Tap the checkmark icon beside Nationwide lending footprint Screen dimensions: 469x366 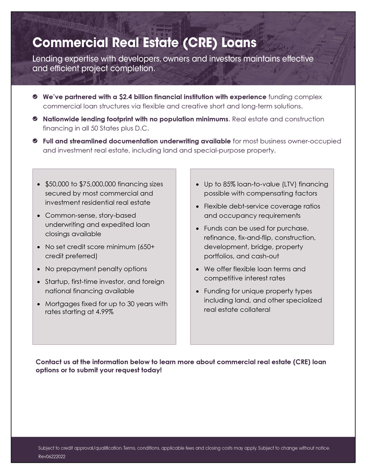35,119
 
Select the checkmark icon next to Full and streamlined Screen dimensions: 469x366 35,141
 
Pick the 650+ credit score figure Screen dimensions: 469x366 146,247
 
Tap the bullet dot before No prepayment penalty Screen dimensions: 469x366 38,269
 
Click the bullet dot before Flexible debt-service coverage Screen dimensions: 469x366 197,207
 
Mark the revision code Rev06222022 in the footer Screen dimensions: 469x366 52,456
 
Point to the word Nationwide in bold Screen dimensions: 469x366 65,119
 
